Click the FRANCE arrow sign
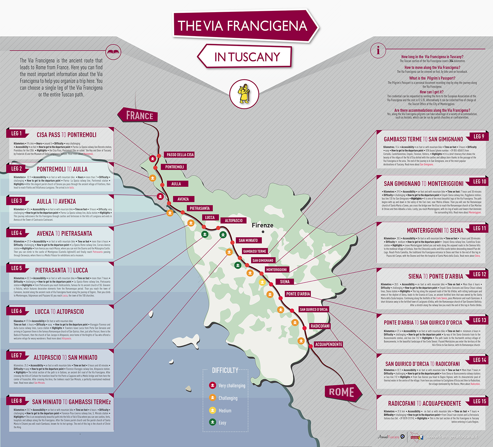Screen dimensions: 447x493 (x=138, y=115)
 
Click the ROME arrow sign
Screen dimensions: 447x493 (x=342, y=392)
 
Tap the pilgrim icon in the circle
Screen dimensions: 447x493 (x=244, y=94)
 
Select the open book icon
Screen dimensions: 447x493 (x=113, y=52)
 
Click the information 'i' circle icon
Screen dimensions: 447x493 (x=378, y=51)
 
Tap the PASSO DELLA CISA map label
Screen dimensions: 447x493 (x=180, y=154)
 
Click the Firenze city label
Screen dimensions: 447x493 (x=262, y=225)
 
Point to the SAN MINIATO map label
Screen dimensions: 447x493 (x=248, y=240)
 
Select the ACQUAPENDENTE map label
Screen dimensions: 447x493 (x=328, y=344)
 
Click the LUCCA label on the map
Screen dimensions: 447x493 (x=210, y=217)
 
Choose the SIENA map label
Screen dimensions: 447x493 (x=285, y=282)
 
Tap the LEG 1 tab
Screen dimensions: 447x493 (x=17, y=133)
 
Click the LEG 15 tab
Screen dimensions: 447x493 (x=479, y=401)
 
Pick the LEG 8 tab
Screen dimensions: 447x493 (x=17, y=401)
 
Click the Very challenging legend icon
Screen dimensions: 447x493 (x=213, y=385)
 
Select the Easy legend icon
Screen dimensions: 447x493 (x=213, y=422)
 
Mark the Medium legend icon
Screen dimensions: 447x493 (x=213, y=410)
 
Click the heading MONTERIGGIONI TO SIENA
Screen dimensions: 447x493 (x=435, y=230)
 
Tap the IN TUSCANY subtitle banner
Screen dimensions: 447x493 (x=246, y=57)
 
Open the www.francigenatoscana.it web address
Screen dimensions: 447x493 (x=452, y=437)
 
